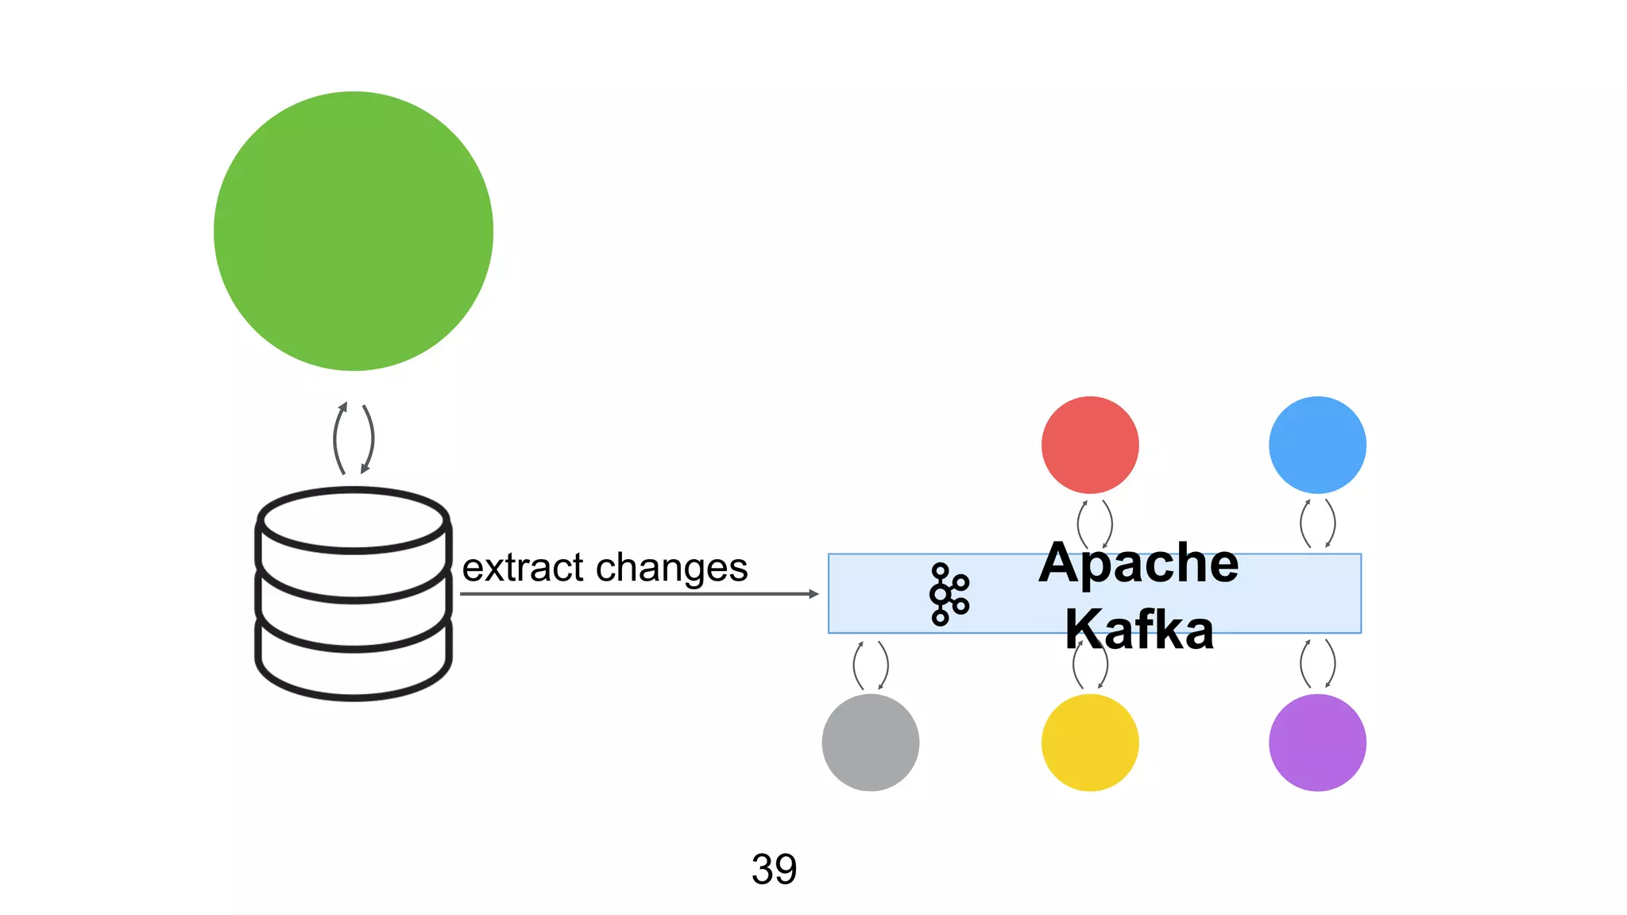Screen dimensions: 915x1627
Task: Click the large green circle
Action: point(354,231)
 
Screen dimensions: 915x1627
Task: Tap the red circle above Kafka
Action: point(1090,445)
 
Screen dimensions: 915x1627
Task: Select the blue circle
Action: point(1317,445)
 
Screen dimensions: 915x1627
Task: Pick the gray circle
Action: point(871,743)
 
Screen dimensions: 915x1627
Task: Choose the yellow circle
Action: point(1090,743)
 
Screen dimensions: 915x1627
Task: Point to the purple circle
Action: point(1317,743)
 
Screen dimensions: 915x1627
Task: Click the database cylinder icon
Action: point(354,594)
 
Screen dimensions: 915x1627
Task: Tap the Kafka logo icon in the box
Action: point(949,594)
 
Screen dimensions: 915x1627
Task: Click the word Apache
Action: point(1138,563)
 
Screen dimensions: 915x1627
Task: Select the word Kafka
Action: point(1139,629)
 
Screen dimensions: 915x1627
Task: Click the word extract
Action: point(524,568)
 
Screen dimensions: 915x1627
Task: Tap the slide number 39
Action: point(774,869)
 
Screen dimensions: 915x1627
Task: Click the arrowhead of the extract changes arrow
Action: point(813,594)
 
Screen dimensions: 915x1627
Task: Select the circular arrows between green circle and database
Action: point(354,438)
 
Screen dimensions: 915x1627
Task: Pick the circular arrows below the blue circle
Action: point(1317,523)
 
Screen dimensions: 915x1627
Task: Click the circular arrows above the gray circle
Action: point(871,666)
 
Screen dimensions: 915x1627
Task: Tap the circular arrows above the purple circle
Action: point(1317,664)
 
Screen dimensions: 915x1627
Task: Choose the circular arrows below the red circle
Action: point(1095,523)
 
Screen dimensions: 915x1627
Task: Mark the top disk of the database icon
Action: point(354,520)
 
